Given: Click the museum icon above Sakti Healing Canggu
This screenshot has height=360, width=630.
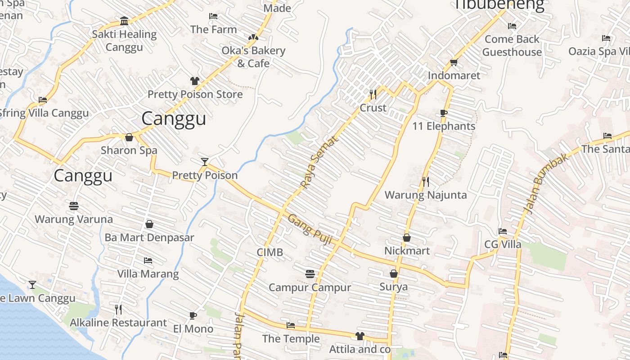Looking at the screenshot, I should pos(124,21).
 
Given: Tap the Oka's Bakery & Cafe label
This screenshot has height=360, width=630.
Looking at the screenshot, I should pos(253,57).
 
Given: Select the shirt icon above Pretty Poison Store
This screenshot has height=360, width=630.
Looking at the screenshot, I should pos(194,81).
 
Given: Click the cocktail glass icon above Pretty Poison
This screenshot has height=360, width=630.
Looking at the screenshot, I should pos(205,162).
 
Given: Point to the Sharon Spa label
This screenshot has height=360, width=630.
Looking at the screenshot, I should pos(129,150).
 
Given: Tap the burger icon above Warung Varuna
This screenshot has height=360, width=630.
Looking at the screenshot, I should pos(74,206).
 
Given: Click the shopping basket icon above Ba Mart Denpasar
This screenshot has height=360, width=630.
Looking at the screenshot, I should pos(149,224).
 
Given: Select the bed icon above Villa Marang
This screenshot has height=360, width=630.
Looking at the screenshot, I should pos(148,261).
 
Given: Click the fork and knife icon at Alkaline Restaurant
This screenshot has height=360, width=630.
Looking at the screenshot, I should pos(118,309).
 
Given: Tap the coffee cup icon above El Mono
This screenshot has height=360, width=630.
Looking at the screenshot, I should pos(193,315).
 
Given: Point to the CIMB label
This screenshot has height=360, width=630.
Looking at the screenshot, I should pos(270,252).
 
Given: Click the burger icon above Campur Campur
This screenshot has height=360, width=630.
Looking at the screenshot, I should pos(310,274).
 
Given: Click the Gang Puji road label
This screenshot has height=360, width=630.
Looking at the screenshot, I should pos(310,229).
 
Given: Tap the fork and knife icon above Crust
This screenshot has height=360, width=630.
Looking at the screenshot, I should pos(373,94).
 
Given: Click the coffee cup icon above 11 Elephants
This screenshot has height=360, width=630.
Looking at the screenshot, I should pos(444,113).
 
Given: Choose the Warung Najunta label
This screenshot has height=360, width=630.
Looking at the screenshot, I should pos(426,195).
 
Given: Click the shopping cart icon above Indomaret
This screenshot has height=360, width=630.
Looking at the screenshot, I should pos(454,62).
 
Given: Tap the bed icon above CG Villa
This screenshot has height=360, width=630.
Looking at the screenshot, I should pos(503,231).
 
